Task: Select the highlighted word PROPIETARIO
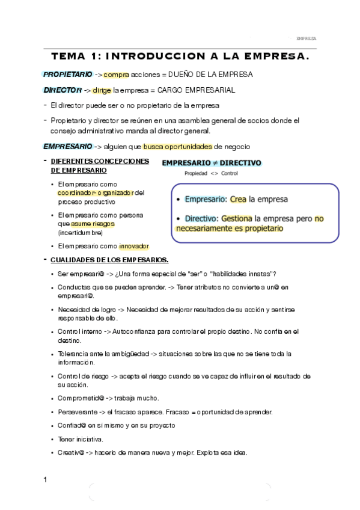tap(67, 75)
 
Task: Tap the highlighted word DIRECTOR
tap(63, 90)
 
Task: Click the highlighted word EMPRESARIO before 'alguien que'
tap(67, 147)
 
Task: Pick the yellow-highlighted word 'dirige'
tap(102, 90)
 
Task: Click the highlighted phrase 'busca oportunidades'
tap(177, 147)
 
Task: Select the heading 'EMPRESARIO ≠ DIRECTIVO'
tap(212, 163)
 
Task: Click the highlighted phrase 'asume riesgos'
tap(93, 224)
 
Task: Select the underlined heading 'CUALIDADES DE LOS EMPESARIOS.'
tap(109, 260)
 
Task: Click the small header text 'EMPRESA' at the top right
tap(307, 38)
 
